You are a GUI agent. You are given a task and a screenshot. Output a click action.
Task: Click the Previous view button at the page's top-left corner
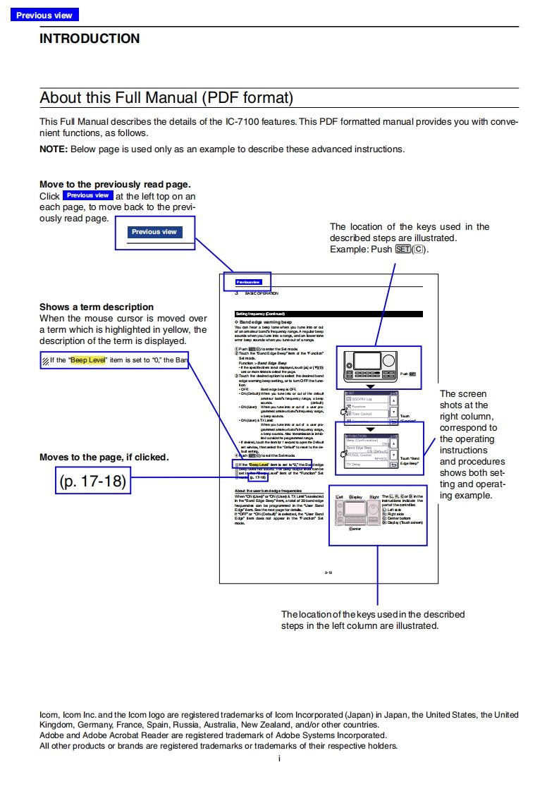click(44, 15)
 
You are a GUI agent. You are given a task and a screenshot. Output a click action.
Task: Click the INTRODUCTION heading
click(90, 39)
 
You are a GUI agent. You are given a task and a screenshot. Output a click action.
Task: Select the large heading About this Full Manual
click(166, 97)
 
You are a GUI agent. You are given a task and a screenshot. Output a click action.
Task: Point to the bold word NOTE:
click(54, 149)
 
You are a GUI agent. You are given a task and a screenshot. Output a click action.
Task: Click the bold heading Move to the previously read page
click(114, 185)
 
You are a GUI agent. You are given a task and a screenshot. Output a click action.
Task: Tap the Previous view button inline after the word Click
click(87, 195)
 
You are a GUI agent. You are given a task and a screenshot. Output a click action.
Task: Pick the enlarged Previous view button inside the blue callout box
click(154, 232)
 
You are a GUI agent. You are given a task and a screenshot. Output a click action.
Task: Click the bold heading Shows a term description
click(96, 307)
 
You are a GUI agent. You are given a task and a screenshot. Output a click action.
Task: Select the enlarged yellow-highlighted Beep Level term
click(87, 360)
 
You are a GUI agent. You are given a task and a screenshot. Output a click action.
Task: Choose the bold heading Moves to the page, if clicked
click(104, 457)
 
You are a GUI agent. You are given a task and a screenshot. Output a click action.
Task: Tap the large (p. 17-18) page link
click(93, 482)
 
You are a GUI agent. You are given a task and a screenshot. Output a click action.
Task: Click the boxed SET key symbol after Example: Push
click(403, 250)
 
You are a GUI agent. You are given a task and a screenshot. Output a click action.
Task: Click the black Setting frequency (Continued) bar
click(328, 314)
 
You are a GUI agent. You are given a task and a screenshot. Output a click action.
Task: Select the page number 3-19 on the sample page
click(328, 572)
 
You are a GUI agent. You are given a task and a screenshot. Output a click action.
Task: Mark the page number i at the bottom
click(279, 759)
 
